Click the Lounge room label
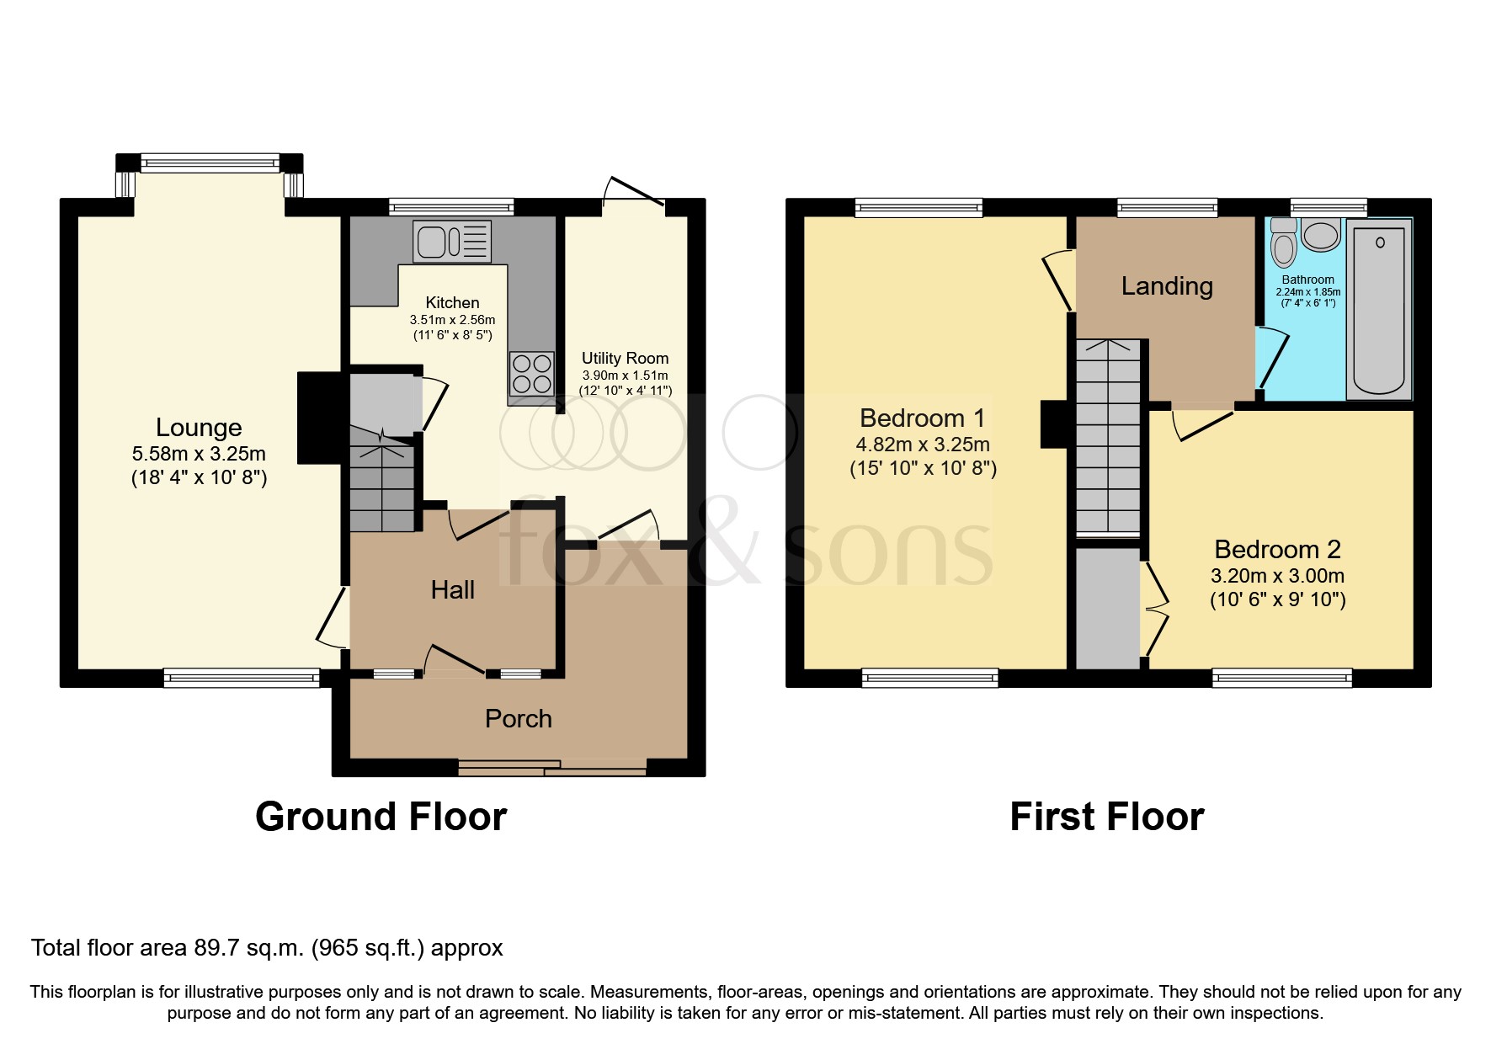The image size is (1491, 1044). point(199,428)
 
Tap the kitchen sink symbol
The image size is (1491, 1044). point(451,242)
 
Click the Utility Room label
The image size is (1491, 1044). point(625,359)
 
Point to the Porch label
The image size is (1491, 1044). point(519,719)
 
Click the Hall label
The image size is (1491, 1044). point(453,590)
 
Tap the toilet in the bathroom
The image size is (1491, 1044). point(1284,244)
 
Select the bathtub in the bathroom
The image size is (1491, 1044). point(1379,308)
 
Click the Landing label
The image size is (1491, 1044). point(1167,286)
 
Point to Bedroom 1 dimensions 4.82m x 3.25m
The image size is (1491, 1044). point(924,445)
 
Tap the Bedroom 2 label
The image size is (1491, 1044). point(1277,550)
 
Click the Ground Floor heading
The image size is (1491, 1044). point(381,817)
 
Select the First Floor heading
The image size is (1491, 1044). point(1106,817)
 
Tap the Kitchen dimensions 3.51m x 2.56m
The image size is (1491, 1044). point(452,320)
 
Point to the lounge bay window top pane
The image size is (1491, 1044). point(210,162)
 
